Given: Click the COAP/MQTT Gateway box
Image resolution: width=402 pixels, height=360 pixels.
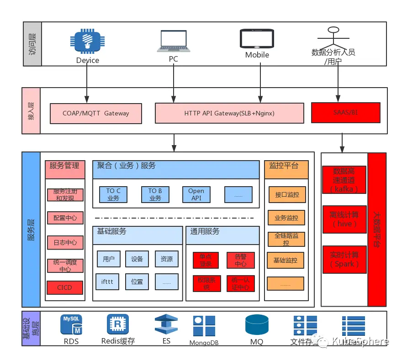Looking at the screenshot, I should pyautogui.click(x=95, y=113).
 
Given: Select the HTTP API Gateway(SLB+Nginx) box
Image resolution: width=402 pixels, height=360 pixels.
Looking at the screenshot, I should pyautogui.click(x=229, y=113).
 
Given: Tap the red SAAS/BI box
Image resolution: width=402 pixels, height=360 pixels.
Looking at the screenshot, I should pyautogui.click(x=345, y=112).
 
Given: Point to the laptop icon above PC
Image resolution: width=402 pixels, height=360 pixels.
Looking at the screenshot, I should pyautogui.click(x=173, y=42).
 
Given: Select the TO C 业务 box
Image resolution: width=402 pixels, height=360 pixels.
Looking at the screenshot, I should pyautogui.click(x=113, y=194).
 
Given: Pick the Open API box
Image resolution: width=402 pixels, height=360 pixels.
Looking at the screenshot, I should pyautogui.click(x=196, y=194).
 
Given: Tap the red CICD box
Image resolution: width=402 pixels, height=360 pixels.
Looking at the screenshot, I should pyautogui.click(x=65, y=287).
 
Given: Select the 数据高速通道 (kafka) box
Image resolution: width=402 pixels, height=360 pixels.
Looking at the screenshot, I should pyautogui.click(x=344, y=180).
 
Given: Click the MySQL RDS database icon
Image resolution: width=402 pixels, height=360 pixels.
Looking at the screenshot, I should pyautogui.click(x=71, y=324).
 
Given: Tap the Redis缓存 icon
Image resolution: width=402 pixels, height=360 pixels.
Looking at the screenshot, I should pyautogui.click(x=118, y=324).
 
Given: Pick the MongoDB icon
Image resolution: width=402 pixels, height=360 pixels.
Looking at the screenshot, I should pyautogui.click(x=204, y=326).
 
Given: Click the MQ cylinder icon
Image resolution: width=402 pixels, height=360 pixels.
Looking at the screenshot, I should pyautogui.click(x=256, y=325).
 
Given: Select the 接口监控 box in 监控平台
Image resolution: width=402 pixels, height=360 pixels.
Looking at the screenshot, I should pyautogui.click(x=287, y=194).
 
